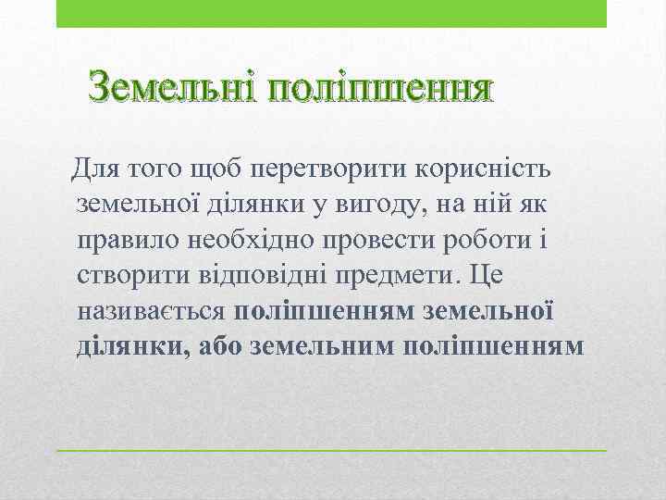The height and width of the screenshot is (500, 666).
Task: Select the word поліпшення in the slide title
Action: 379,90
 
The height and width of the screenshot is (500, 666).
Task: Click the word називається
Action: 152,311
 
